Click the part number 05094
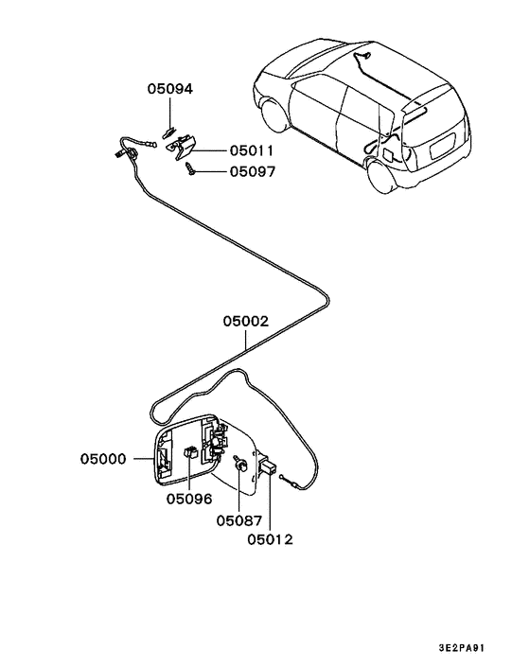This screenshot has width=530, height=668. tap(169, 90)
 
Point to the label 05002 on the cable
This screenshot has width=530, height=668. tap(246, 322)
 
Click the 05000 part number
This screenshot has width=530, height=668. tap(102, 459)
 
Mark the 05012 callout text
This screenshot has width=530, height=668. tap(270, 540)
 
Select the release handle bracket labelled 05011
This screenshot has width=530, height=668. tap(184, 145)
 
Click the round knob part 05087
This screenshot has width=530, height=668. tap(240, 466)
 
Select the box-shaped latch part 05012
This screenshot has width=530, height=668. tap(268, 466)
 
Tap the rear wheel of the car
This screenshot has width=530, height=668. tap(386, 177)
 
